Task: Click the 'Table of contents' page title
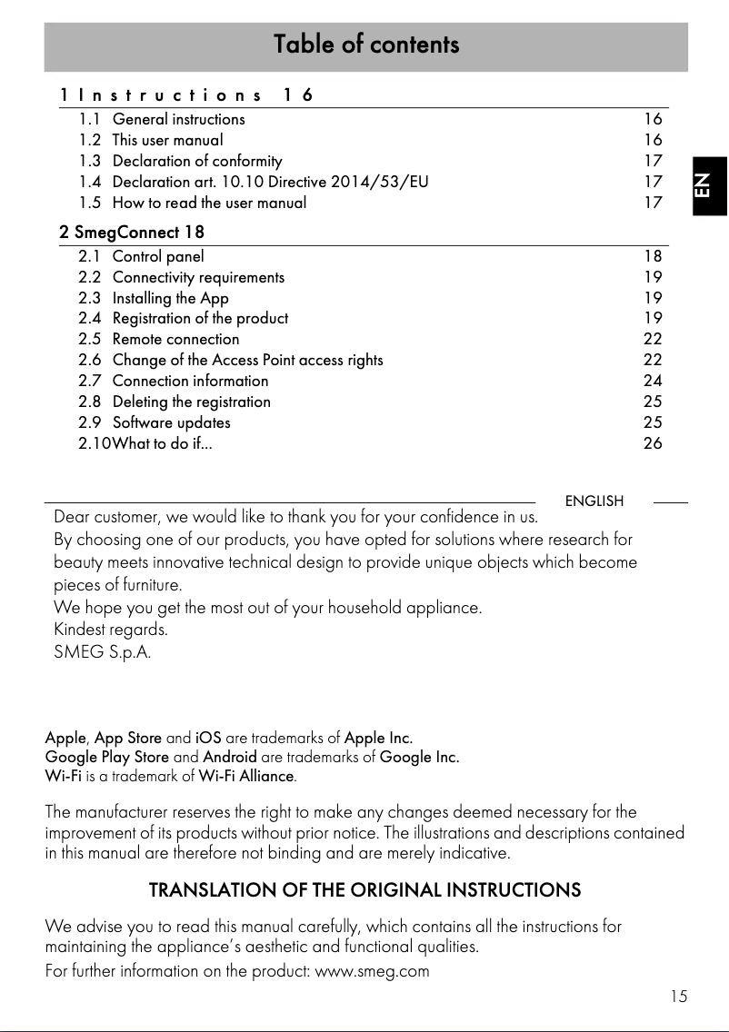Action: pos(366,45)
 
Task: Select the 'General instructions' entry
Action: pos(178,119)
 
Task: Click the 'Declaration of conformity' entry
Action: pos(197,161)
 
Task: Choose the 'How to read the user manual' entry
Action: pos(209,203)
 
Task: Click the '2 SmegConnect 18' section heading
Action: pos(132,233)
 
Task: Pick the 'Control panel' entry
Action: pos(158,256)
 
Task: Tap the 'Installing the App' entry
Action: pos(170,298)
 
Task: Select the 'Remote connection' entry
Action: pos(175,339)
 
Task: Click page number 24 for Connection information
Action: pos(653,381)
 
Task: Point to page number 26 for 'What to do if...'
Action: pos(653,443)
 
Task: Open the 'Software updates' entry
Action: pos(171,422)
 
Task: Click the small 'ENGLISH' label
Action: pos(594,501)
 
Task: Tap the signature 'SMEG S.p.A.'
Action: pos(103,651)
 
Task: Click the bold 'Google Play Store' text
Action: pos(107,757)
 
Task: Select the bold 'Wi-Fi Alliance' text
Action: pos(246,777)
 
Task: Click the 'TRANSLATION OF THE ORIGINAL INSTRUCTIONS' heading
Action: pos(364,889)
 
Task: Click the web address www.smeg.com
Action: pos(371,971)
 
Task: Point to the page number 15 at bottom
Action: pos(678,997)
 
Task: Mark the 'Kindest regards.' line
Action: pos(111,629)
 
